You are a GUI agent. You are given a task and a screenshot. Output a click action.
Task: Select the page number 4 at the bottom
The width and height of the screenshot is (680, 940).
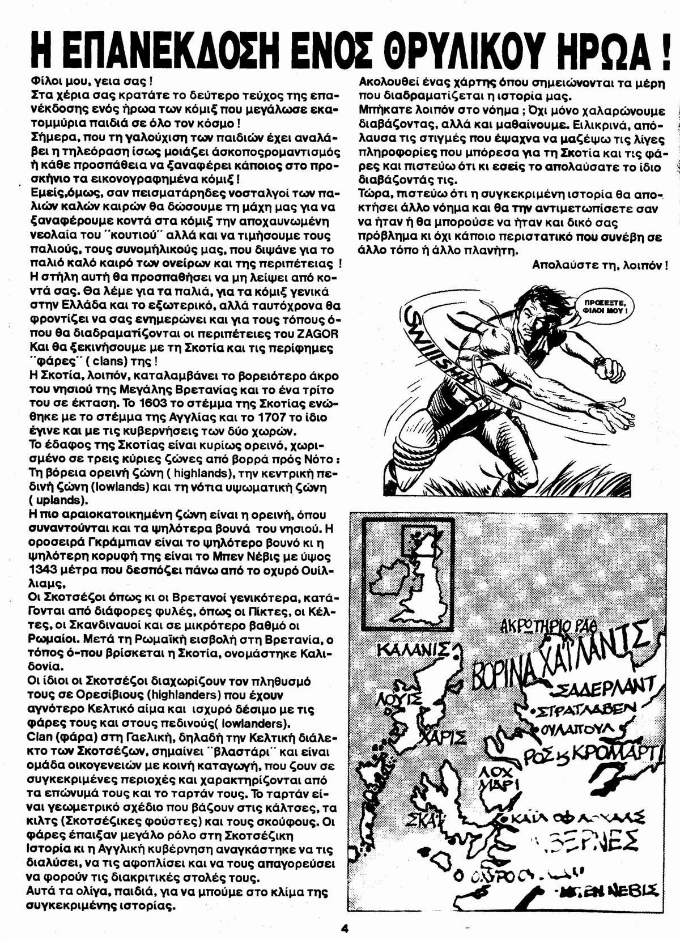(x=345, y=928)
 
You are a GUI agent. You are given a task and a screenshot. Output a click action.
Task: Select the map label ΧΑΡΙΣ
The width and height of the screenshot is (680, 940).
(x=447, y=736)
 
